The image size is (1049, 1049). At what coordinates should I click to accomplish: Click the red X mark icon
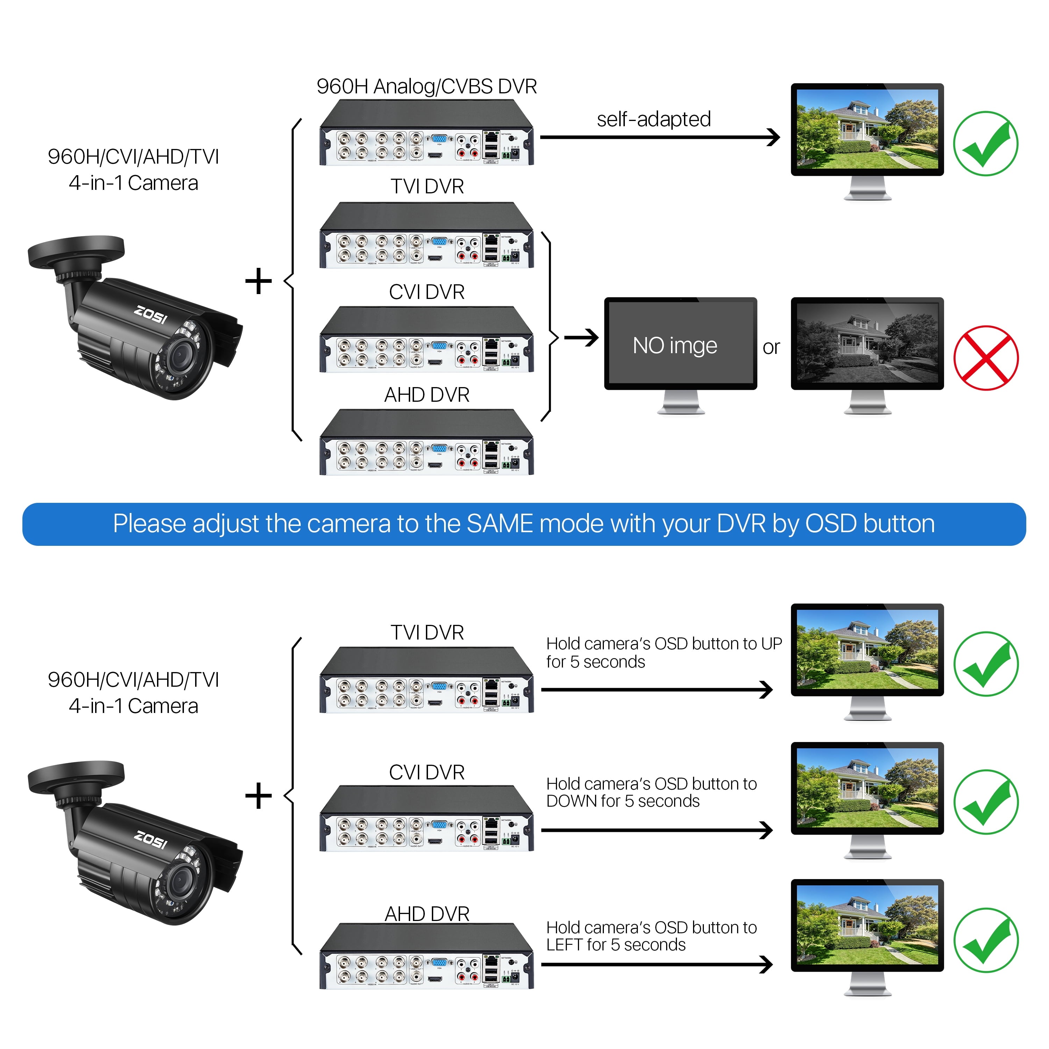tap(985, 358)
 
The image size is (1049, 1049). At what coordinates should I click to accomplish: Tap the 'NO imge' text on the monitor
tap(675, 345)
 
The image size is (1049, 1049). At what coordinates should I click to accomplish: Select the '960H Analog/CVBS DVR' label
tap(426, 86)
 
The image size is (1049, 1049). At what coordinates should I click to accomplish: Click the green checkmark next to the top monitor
tap(985, 144)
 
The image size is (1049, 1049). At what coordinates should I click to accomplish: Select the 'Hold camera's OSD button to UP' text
tap(664, 643)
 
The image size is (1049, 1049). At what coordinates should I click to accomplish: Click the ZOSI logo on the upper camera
tap(150, 315)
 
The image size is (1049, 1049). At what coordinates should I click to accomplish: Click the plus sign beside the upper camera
tap(258, 281)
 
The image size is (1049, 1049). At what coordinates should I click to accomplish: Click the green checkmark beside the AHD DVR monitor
tap(985, 940)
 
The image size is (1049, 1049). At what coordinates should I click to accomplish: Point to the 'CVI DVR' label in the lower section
tap(426, 772)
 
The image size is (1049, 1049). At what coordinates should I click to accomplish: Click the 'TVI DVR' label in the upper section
tap(426, 186)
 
